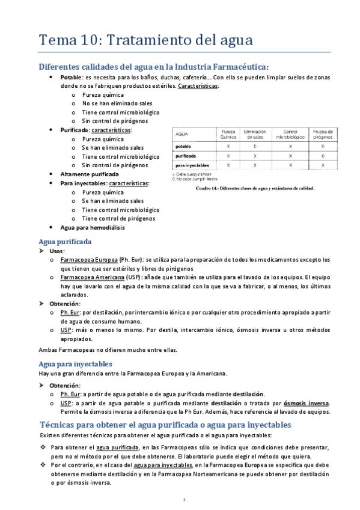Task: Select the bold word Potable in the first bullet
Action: (72, 78)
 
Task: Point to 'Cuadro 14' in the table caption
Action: (210, 187)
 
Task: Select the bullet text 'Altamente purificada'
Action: (88, 174)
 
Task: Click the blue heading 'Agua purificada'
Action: (65, 241)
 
